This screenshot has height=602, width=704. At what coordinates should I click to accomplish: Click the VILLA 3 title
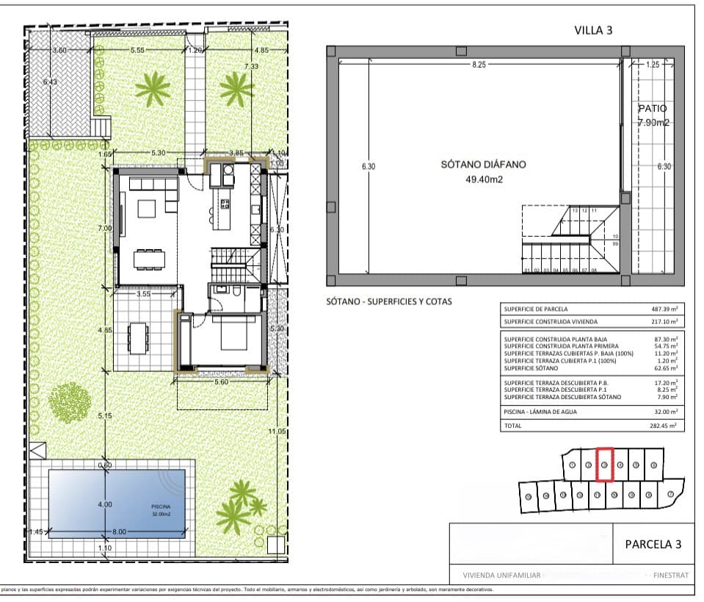592,30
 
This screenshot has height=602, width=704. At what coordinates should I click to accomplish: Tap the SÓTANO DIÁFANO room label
483,165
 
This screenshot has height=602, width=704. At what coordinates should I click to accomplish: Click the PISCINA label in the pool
161,506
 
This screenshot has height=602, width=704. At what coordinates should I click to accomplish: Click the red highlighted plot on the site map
604,465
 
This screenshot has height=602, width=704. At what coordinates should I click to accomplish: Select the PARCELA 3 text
653,544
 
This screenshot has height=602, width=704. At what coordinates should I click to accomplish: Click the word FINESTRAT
666,576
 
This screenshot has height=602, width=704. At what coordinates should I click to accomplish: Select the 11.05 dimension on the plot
277,431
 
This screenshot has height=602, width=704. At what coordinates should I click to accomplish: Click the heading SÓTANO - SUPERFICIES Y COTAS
389,302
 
